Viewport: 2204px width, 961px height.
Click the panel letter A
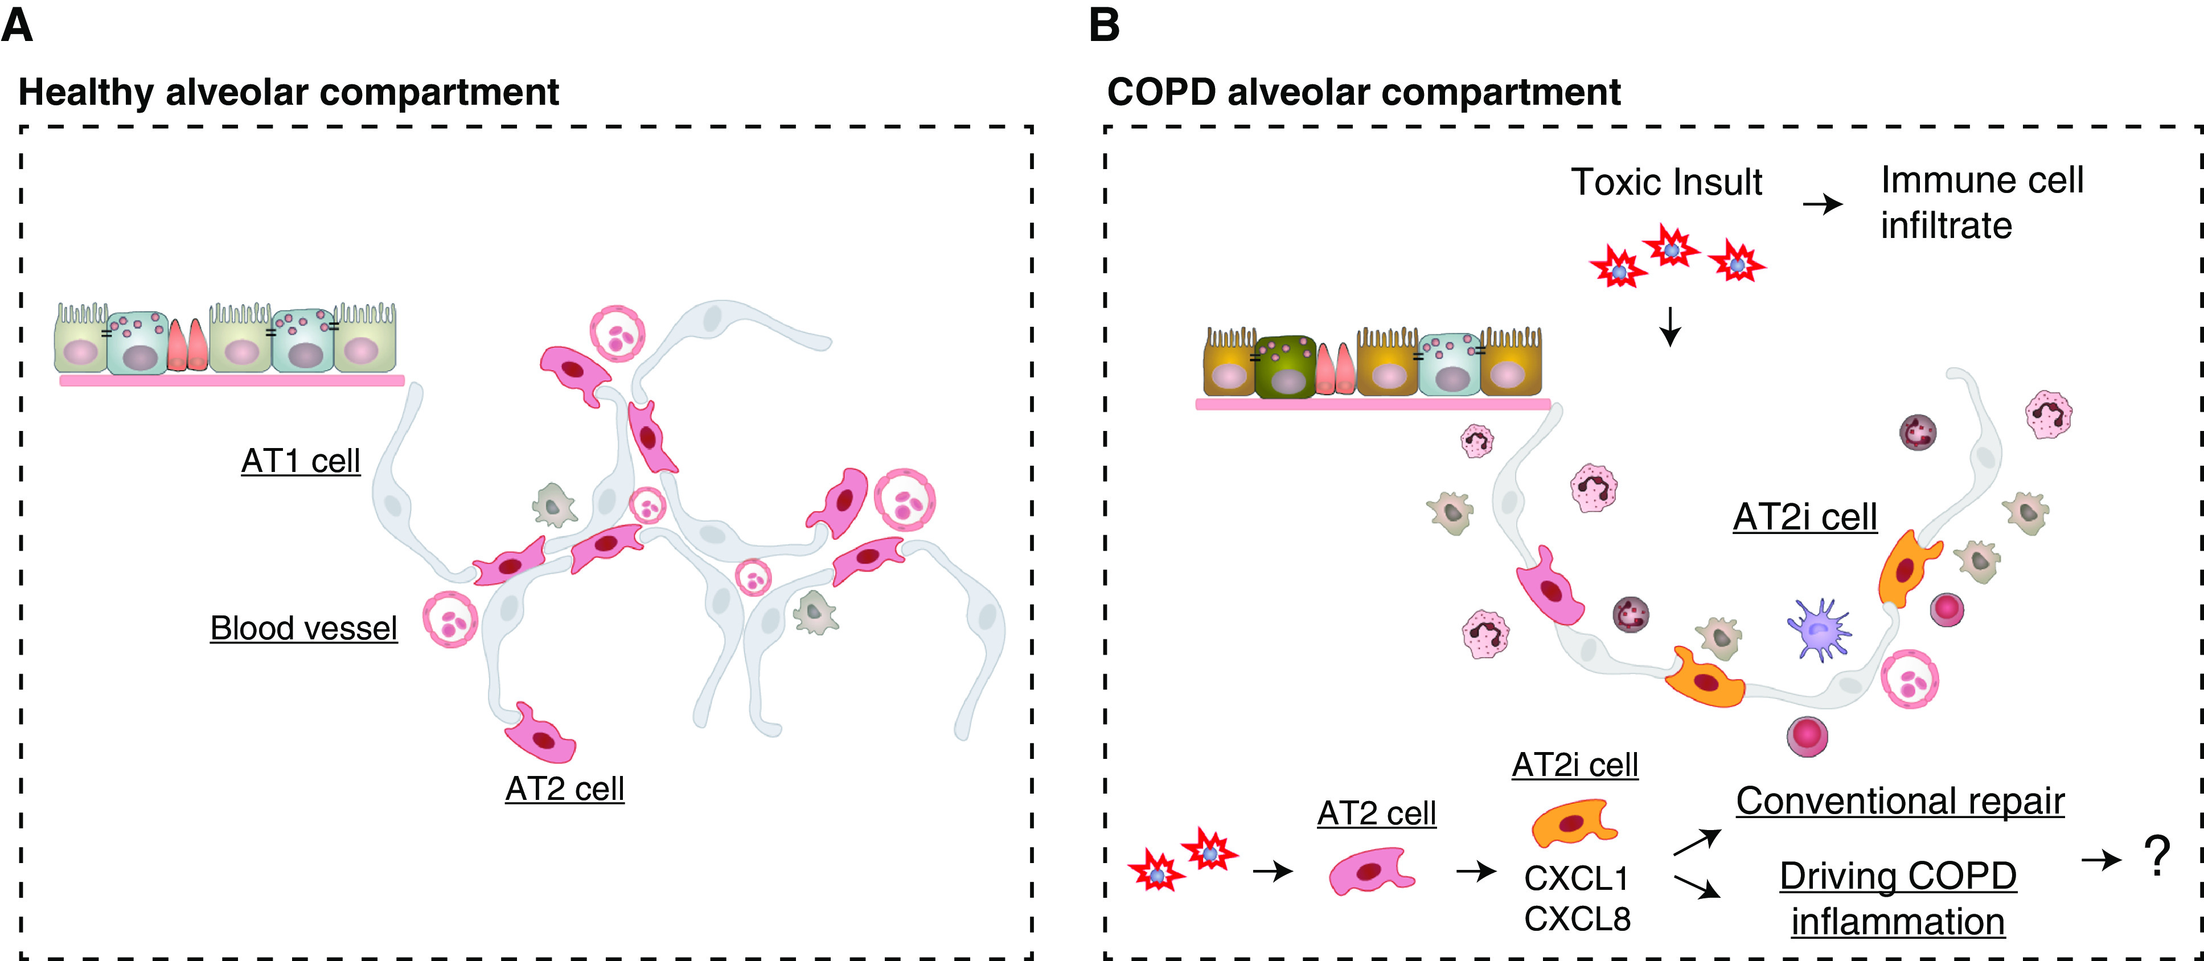coord(17,26)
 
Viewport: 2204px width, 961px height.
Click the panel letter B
coord(1104,26)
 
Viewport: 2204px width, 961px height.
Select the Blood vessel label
coord(303,628)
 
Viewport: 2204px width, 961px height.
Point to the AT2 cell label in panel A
coord(565,788)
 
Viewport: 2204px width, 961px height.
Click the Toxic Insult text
coord(1666,182)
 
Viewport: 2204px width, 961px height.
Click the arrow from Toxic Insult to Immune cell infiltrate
coord(1823,204)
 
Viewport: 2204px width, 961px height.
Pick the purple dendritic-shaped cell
coord(1820,630)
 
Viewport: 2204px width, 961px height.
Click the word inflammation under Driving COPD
coord(1898,922)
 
